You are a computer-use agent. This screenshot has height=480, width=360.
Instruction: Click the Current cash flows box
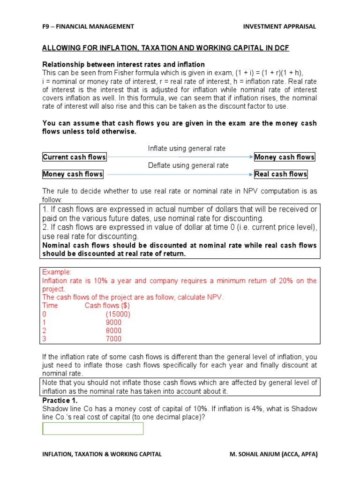click(75, 157)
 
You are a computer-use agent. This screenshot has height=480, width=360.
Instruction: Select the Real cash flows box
click(281, 174)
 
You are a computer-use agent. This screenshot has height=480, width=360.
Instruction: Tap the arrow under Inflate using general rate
click(180, 157)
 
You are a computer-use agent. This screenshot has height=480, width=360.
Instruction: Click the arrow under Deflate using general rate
click(180, 174)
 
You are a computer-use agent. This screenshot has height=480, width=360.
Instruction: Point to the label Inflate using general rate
click(187, 149)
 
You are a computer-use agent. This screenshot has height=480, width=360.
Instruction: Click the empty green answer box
click(93, 428)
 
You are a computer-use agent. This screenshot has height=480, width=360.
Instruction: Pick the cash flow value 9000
click(113, 322)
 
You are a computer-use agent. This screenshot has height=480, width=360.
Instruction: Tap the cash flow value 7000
click(113, 339)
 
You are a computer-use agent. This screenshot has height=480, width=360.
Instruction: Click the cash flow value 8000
click(113, 331)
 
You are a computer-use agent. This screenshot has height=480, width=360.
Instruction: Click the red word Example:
click(57, 272)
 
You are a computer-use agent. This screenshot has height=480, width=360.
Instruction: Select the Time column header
click(50, 306)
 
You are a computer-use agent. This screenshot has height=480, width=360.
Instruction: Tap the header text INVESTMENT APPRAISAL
click(279, 27)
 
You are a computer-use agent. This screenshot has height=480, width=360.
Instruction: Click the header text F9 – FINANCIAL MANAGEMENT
click(88, 27)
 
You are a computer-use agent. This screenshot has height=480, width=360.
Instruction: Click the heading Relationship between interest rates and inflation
click(124, 64)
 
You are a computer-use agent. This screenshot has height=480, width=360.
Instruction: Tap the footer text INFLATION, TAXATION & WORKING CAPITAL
click(102, 454)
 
